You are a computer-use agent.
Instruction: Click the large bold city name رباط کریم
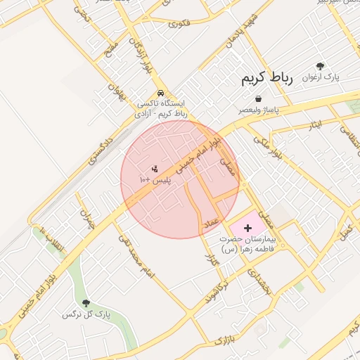(268, 77)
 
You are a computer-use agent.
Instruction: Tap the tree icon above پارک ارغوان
(321, 65)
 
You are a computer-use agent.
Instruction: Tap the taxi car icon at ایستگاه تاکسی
(162, 92)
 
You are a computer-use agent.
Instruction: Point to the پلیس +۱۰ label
(155, 180)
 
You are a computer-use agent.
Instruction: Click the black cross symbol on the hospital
(247, 229)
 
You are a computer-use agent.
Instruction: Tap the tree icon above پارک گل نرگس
(86, 303)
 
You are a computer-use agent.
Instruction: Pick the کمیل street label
(345, 233)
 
